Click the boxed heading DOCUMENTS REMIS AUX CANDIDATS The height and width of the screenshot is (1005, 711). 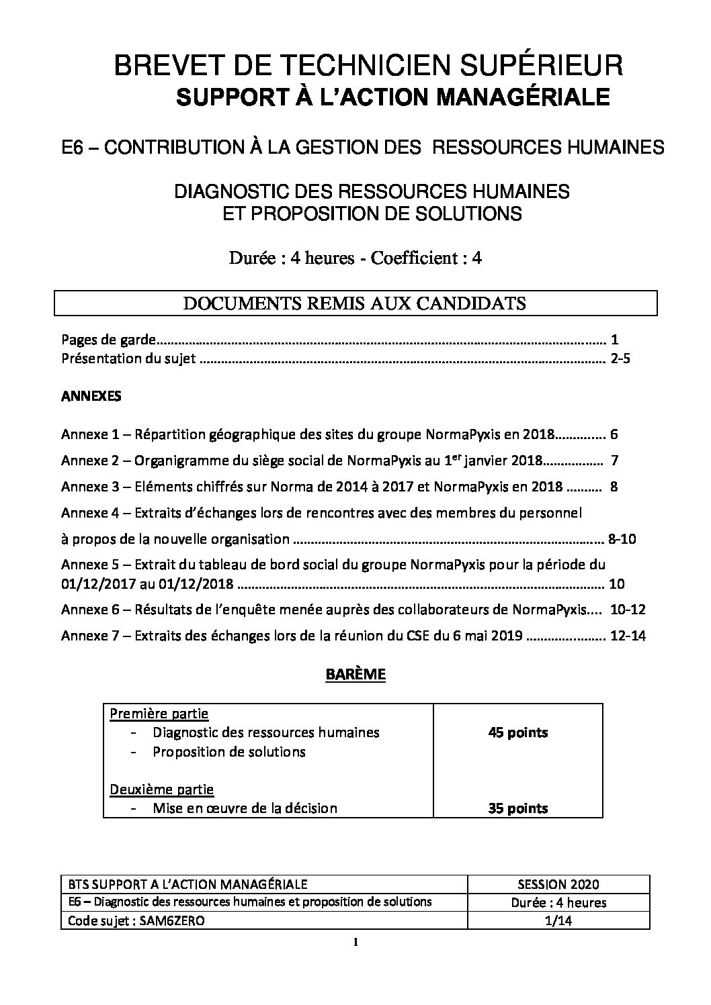point(355,303)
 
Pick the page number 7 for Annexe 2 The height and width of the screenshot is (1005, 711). point(614,461)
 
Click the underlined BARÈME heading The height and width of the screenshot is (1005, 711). point(355,674)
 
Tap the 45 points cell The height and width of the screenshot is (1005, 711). point(517,732)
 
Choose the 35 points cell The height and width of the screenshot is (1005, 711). point(517,808)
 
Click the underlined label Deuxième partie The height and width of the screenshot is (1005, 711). point(162,789)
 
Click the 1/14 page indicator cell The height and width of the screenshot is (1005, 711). point(559,921)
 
